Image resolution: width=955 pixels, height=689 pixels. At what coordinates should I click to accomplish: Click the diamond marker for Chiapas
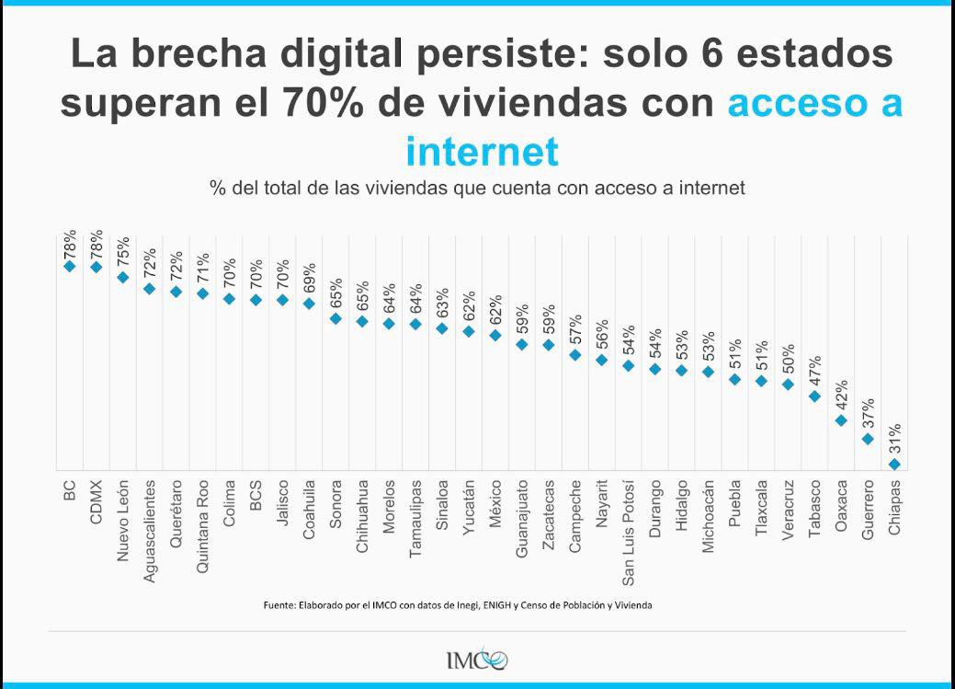(x=894, y=465)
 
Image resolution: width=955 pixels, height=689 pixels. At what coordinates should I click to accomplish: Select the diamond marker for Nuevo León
(x=123, y=277)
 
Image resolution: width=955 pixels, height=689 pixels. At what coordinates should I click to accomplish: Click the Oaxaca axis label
(x=841, y=502)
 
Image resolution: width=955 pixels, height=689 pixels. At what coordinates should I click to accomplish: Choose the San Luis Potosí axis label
(x=629, y=532)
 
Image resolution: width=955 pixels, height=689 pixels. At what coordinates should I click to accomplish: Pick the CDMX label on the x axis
(x=97, y=501)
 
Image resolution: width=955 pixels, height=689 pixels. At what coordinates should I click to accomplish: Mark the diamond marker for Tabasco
(x=814, y=396)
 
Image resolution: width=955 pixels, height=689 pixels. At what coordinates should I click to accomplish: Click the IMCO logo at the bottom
(x=476, y=660)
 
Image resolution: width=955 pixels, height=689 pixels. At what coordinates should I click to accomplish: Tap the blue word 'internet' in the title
(x=482, y=150)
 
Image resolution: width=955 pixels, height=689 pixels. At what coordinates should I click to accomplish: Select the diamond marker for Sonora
(x=335, y=318)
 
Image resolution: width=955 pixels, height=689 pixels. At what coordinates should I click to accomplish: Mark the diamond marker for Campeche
(x=575, y=354)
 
